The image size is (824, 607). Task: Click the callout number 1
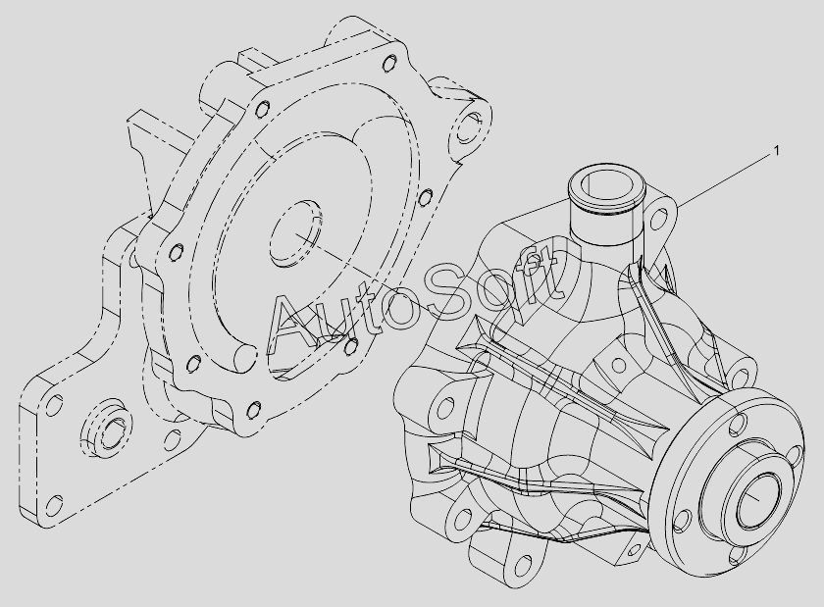click(776, 151)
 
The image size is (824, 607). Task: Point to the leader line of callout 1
click(724, 179)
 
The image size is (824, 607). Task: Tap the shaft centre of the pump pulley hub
click(757, 500)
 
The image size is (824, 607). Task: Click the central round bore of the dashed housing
click(296, 233)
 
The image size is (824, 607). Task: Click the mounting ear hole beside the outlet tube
click(659, 219)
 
